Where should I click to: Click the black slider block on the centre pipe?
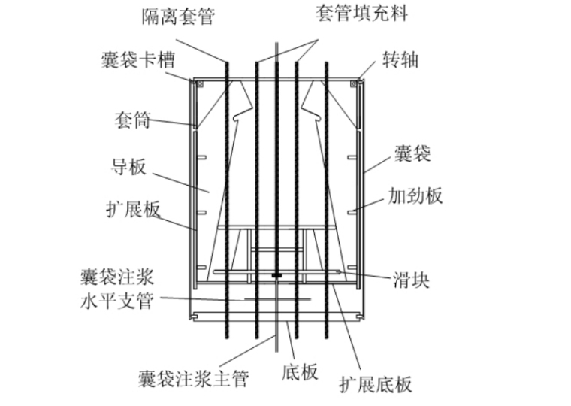pyautogui.click(x=276, y=276)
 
